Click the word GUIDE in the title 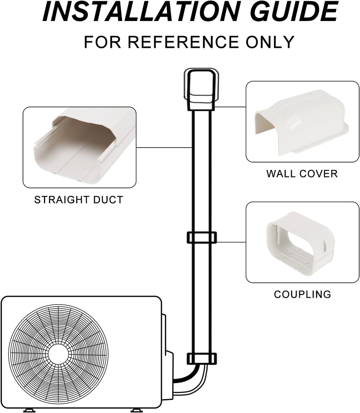point(295,12)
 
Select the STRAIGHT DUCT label point(79,200)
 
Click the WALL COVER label point(302,174)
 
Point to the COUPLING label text point(302,294)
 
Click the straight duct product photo point(79,147)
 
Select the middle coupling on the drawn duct point(201,238)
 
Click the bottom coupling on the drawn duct point(201,358)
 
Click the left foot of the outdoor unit point(29,410)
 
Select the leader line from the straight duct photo point(164,148)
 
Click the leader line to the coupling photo point(231,242)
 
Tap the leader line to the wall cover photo point(230,107)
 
